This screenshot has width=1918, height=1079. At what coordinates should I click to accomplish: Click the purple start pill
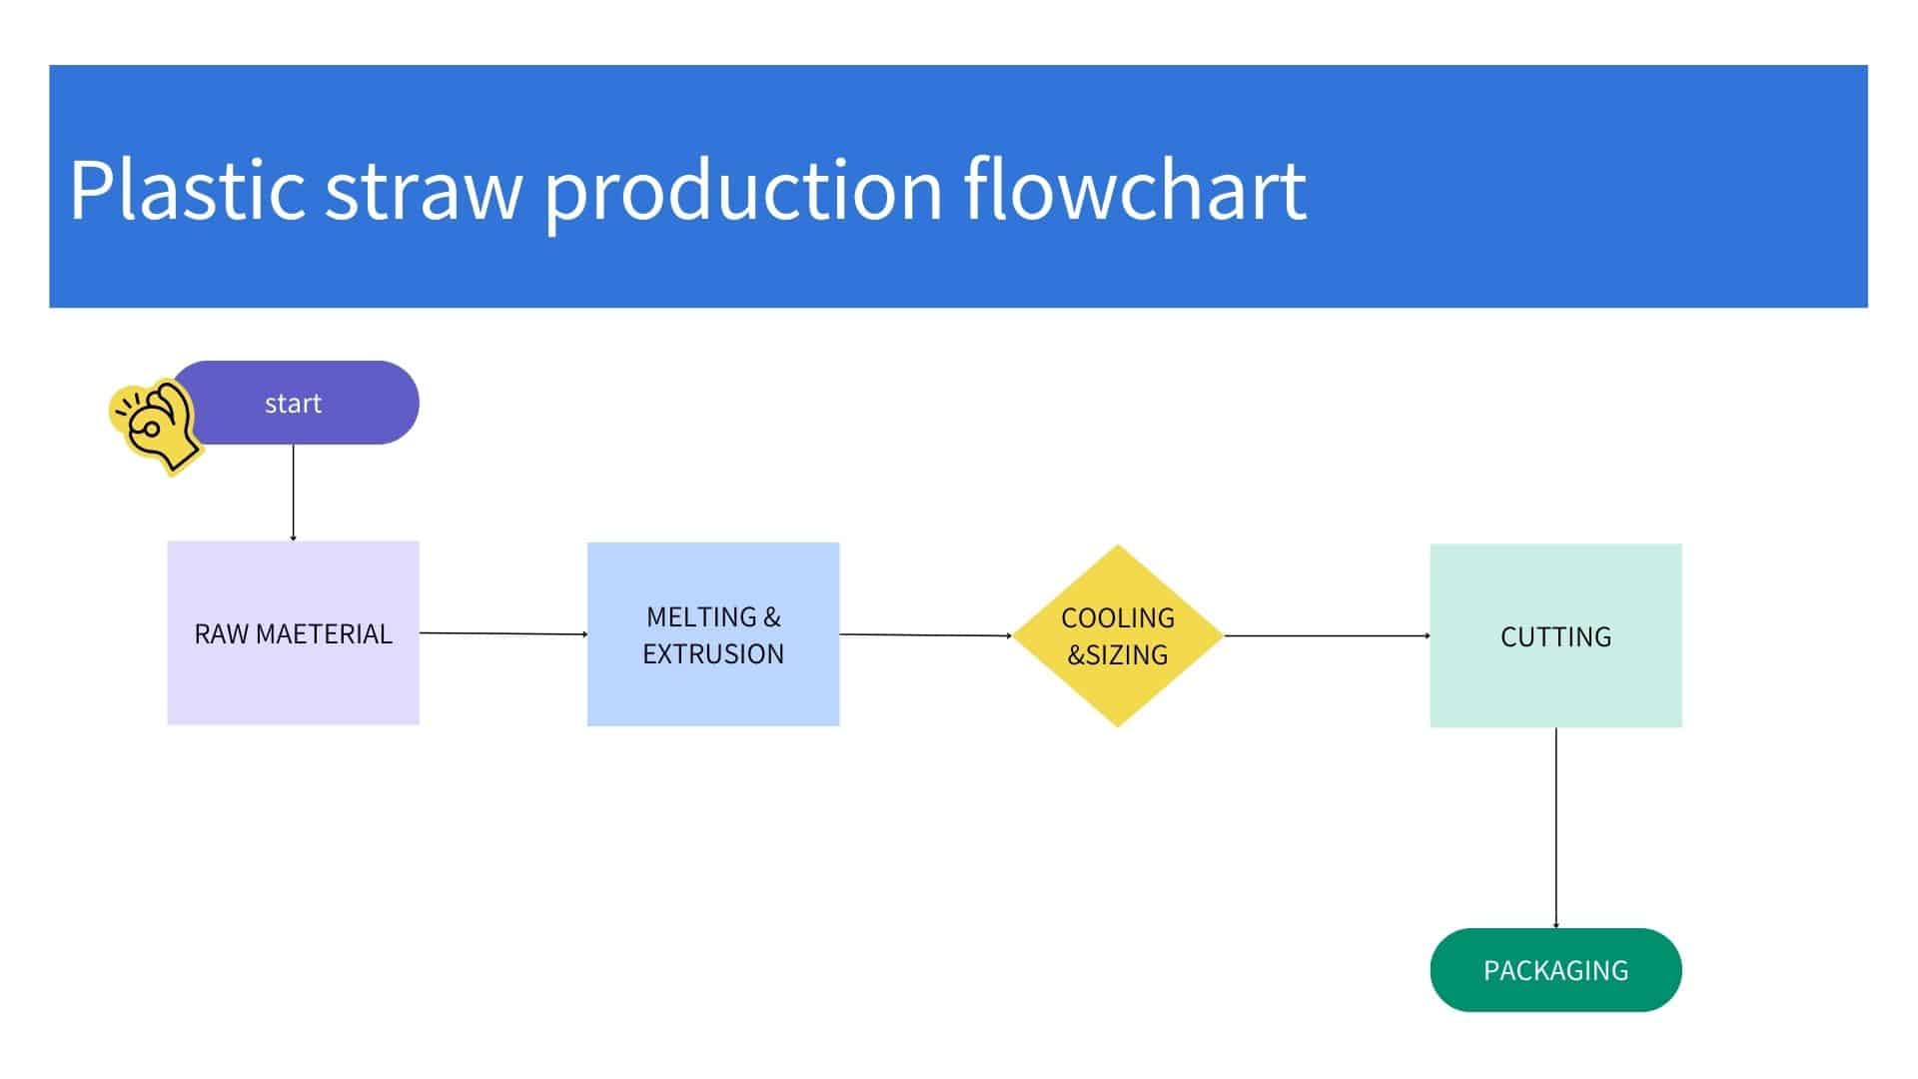(x=310, y=403)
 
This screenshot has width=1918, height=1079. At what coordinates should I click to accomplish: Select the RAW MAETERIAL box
(x=293, y=679)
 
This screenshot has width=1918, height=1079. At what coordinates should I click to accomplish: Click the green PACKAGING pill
(x=1555, y=970)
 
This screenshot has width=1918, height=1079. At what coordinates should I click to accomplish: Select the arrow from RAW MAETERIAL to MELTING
(x=502, y=633)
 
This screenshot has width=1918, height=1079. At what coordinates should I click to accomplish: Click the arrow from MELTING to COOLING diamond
(x=926, y=634)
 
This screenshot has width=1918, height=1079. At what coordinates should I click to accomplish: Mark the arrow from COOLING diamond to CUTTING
(x=1327, y=635)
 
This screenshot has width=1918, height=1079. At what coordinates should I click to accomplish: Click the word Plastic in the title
(x=187, y=190)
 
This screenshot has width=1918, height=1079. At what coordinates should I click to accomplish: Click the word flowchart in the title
(x=1135, y=190)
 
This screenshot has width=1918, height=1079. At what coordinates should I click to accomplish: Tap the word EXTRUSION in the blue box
(x=713, y=654)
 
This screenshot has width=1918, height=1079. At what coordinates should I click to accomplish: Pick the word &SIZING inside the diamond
(x=1118, y=655)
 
